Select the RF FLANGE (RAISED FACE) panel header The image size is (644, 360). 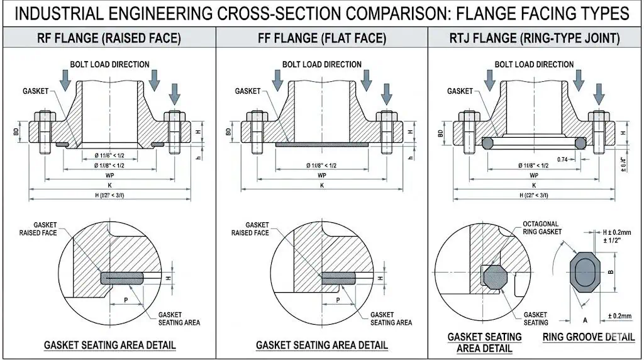[109, 38]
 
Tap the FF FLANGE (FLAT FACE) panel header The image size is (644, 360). [321, 38]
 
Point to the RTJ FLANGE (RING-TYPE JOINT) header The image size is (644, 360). [534, 38]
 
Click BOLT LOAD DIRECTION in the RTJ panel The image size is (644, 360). [534, 64]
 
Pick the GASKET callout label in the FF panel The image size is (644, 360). [248, 91]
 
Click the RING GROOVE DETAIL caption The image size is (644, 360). [589, 337]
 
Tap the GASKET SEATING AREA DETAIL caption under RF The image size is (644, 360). [109, 346]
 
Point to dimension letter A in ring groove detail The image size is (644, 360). [577, 320]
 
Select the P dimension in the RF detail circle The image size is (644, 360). [126, 300]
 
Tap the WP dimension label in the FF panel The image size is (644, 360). [321, 175]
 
